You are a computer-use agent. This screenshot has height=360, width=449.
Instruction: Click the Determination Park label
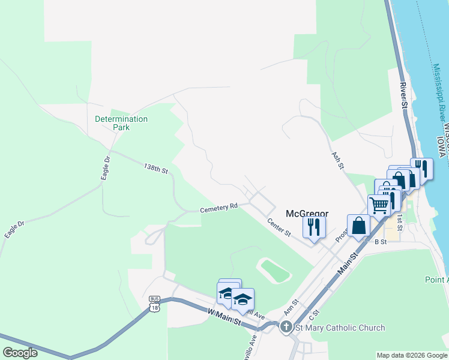click(x=121, y=123)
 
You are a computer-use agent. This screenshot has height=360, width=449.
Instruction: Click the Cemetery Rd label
click(x=219, y=208)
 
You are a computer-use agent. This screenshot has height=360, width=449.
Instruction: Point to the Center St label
click(x=279, y=227)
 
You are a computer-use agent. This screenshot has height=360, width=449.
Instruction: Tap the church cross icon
click(x=286, y=327)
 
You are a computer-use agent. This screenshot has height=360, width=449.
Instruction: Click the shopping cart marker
click(x=379, y=205)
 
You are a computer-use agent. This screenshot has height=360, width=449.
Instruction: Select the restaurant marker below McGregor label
click(x=314, y=227)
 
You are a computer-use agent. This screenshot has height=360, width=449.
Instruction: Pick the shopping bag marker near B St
click(x=358, y=226)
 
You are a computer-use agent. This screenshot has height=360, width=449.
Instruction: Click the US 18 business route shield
click(x=155, y=304)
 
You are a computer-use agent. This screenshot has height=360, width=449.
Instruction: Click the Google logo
click(x=20, y=353)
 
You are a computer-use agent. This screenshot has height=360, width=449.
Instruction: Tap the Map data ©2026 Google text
click(x=411, y=355)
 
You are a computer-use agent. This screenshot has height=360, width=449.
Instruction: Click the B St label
click(x=380, y=242)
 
